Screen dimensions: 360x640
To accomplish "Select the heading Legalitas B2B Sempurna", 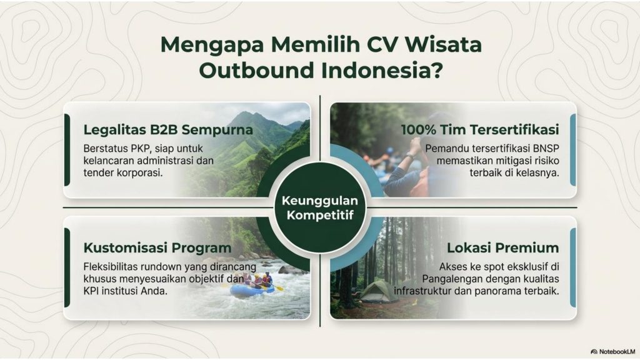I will point(168,130).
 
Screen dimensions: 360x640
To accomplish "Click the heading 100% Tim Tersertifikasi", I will point(480,130).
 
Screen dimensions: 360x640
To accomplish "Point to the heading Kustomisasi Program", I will point(157,247).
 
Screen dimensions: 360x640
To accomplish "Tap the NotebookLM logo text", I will point(616,351).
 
